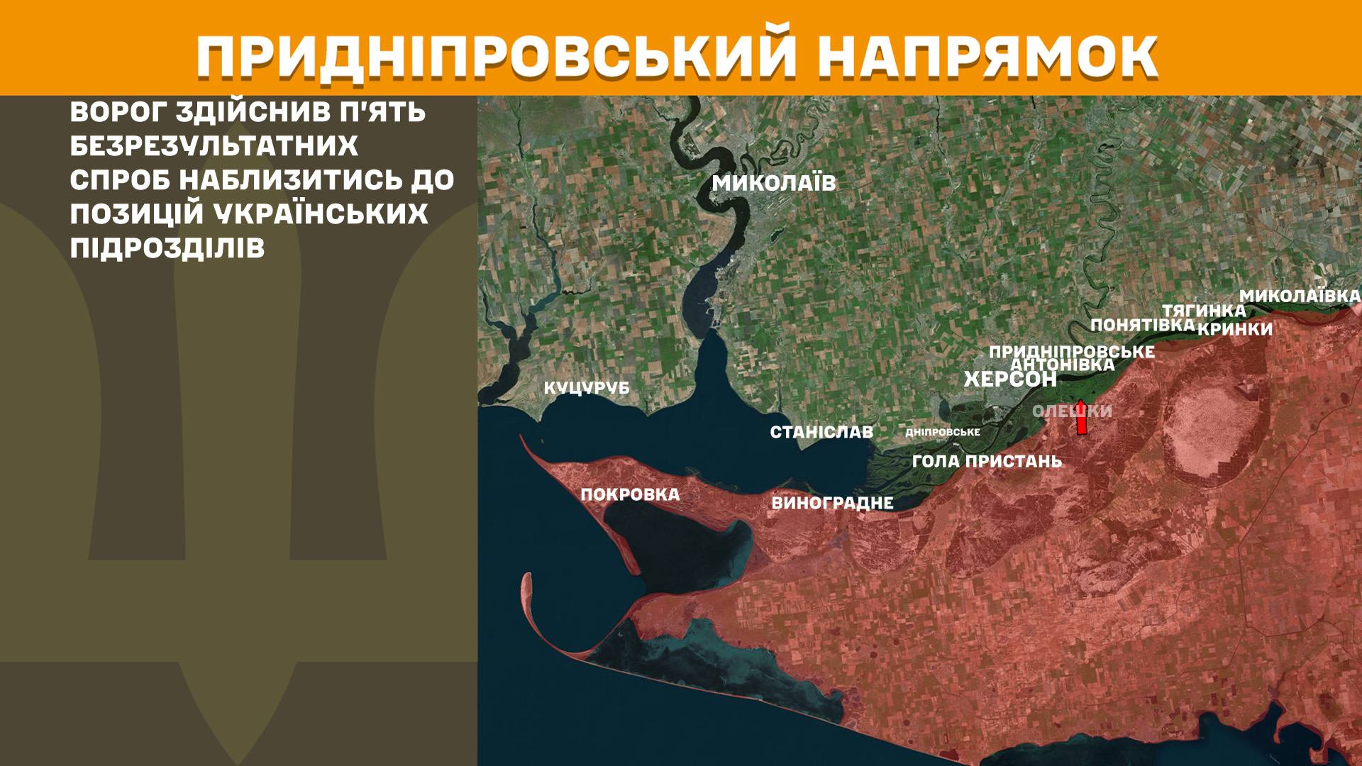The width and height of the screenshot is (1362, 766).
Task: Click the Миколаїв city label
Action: (x=774, y=183)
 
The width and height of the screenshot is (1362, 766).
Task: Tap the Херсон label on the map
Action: (x=1010, y=379)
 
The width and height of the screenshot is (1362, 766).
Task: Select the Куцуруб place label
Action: (x=587, y=389)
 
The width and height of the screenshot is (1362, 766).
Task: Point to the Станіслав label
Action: (x=821, y=432)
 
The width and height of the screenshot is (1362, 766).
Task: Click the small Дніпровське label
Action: (x=943, y=432)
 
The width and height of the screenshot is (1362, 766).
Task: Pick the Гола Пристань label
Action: (x=987, y=462)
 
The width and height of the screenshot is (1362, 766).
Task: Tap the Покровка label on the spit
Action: (x=630, y=494)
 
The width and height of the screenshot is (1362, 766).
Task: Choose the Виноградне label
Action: (x=832, y=504)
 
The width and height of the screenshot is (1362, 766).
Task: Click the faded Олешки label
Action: (x=1072, y=411)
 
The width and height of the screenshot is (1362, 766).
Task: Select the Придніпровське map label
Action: (x=1071, y=352)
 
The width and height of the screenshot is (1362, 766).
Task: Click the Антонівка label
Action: (x=1062, y=365)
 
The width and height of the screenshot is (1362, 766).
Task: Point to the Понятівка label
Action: (x=1142, y=326)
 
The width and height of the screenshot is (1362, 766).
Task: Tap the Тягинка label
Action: (x=1203, y=311)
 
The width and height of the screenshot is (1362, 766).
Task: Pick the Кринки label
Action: (x=1235, y=329)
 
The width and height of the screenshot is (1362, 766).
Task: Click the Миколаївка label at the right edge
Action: (x=1300, y=296)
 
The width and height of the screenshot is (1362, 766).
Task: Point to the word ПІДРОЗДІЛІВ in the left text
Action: (x=167, y=248)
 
